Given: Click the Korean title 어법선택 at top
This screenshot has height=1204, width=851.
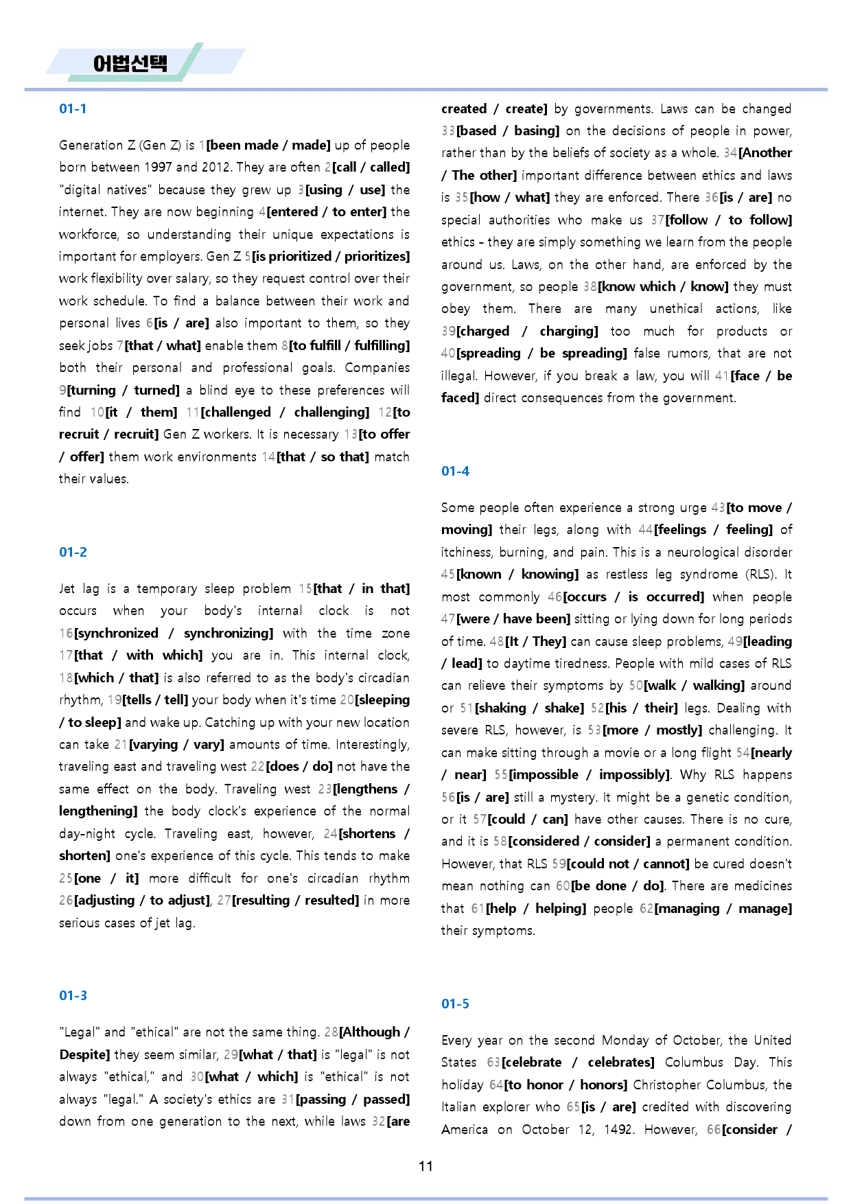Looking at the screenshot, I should coord(130,64).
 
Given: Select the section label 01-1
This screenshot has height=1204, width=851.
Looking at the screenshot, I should coord(73,108).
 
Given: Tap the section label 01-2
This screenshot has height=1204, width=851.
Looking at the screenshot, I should coord(73,552).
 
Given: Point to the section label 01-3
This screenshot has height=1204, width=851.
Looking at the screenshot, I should coord(73,995).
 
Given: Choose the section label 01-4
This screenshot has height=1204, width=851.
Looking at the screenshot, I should coord(455,471).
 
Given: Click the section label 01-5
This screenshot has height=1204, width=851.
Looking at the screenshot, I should coord(455,1004).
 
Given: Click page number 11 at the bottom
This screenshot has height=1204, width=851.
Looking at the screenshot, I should coord(425,1166).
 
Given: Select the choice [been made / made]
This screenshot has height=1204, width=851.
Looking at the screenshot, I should coord(268,145).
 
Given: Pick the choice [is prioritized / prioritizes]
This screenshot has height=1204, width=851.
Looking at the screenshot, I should coord(331,256).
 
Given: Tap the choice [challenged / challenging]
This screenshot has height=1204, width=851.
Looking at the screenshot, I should coord(285,412).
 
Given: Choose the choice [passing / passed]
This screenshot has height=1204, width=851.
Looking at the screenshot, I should coord(353,1099).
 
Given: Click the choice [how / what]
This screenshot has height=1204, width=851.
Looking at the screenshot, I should coord(510,197).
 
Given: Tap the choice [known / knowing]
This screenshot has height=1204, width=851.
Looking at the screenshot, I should coord(517,574).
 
